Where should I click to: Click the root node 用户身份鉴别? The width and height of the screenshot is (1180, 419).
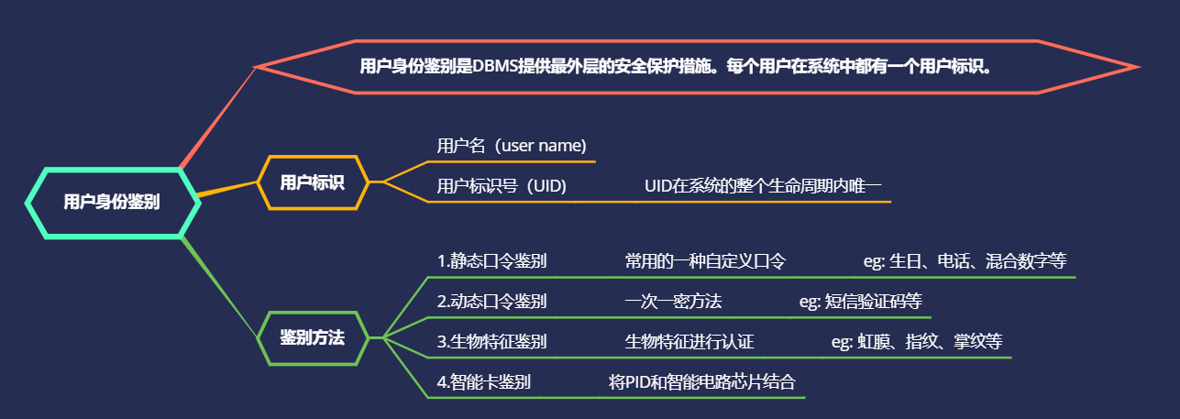112,203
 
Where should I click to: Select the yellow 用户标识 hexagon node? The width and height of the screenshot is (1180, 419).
313,182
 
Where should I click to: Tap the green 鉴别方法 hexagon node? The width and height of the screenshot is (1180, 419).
313,338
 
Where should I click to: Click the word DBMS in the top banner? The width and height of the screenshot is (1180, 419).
497,66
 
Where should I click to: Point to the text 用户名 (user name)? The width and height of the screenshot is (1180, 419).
512,146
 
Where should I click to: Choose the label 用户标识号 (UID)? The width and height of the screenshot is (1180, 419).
502,186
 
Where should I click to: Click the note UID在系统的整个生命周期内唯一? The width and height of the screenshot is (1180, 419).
763,186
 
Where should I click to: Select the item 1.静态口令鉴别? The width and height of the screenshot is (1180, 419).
491,260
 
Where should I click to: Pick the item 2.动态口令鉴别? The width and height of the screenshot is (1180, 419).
491,301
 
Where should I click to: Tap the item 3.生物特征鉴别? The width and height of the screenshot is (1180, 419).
491,342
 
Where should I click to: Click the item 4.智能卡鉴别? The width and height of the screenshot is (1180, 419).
483,381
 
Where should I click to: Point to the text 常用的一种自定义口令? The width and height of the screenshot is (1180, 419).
705,260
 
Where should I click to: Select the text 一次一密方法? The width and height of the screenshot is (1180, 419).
673,301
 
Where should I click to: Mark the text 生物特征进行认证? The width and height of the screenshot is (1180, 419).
689,342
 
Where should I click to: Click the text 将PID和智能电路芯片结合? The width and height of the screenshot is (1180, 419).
701,381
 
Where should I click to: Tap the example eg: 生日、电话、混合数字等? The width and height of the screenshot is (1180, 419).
965,260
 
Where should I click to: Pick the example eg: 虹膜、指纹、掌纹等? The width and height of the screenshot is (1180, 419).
916,342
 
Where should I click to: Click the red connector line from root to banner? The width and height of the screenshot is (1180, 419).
219,116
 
